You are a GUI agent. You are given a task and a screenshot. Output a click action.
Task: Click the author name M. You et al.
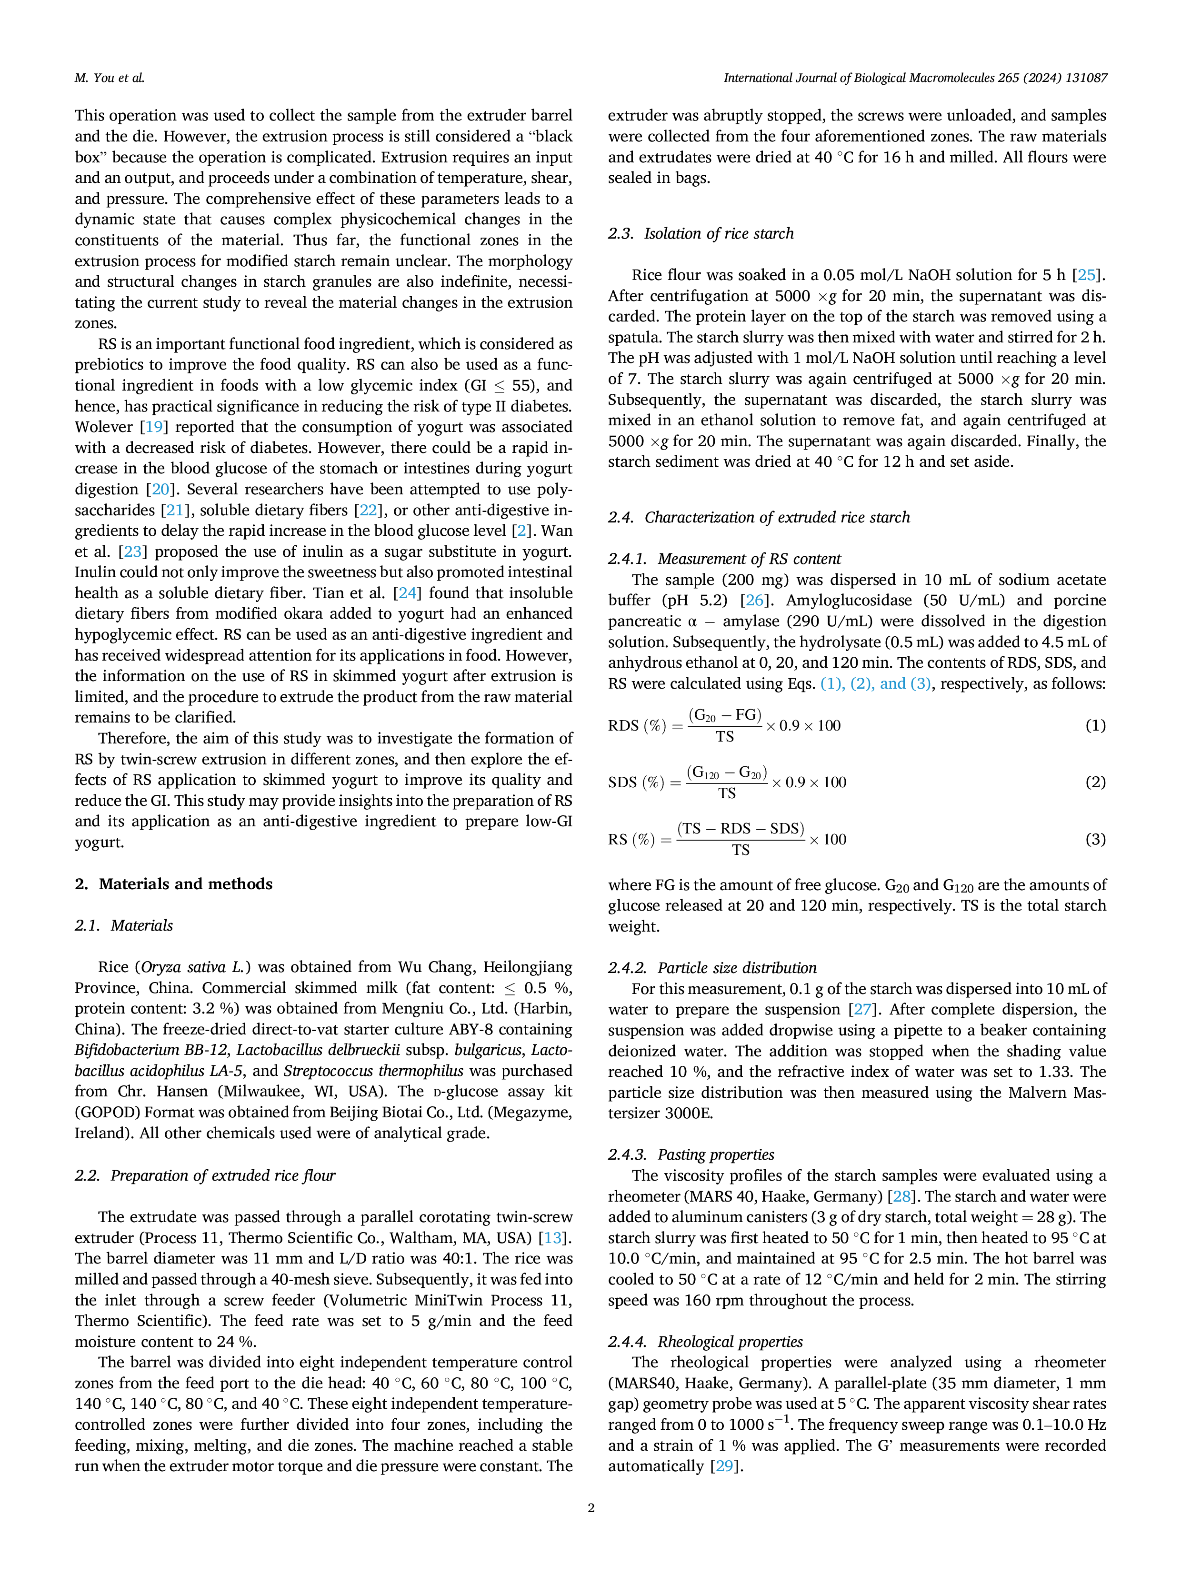[110, 78]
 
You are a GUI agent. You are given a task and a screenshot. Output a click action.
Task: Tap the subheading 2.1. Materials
[124, 926]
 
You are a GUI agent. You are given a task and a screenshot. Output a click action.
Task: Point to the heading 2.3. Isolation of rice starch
[701, 233]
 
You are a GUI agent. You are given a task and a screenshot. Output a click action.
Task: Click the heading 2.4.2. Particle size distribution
[712, 968]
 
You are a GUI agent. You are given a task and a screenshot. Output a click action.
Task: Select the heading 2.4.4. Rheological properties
[705, 1342]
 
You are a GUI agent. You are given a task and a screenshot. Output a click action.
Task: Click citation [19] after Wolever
[153, 427]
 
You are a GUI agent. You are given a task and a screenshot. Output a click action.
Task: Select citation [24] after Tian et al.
[407, 593]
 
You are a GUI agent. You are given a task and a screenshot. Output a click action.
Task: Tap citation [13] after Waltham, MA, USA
[552, 1238]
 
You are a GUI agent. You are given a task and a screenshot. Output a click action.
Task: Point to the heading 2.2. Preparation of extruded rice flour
[205, 1175]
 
